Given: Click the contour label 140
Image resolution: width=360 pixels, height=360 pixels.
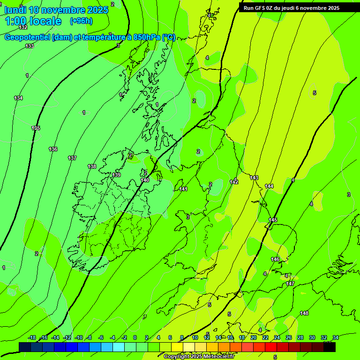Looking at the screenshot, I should click(145, 180).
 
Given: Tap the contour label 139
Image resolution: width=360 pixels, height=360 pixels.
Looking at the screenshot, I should click(116, 175).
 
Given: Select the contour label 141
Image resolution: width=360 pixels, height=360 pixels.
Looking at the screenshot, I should click(183, 189).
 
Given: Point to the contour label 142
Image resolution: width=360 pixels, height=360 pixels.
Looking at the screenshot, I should click(234, 182).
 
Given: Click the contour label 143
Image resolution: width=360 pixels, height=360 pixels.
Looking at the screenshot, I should click(254, 178).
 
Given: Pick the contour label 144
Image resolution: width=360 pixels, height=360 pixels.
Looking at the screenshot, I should click(269, 186).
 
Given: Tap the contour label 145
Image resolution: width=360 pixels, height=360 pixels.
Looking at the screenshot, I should click(273, 220).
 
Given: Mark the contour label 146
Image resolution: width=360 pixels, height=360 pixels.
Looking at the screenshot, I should click(275, 259).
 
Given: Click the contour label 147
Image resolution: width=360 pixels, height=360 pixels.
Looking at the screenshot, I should click(290, 284).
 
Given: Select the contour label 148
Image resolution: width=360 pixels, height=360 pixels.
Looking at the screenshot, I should click(304, 313).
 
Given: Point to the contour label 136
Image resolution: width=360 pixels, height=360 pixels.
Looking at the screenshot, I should click(53, 149).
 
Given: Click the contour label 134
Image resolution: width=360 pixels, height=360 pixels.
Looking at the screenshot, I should click(18, 98).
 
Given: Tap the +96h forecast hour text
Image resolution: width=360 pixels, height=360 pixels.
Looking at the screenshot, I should click(81, 21).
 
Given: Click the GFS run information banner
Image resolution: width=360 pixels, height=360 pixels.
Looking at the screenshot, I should click(291, 8).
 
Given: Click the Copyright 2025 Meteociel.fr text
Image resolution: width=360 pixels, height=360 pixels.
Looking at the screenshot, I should click(199, 357).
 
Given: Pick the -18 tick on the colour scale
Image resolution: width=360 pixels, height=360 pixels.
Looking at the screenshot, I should click(32, 337).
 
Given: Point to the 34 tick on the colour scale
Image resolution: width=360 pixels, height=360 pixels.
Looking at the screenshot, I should click(336, 337).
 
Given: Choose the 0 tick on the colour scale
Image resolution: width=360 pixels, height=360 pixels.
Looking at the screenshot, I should click(135, 337).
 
